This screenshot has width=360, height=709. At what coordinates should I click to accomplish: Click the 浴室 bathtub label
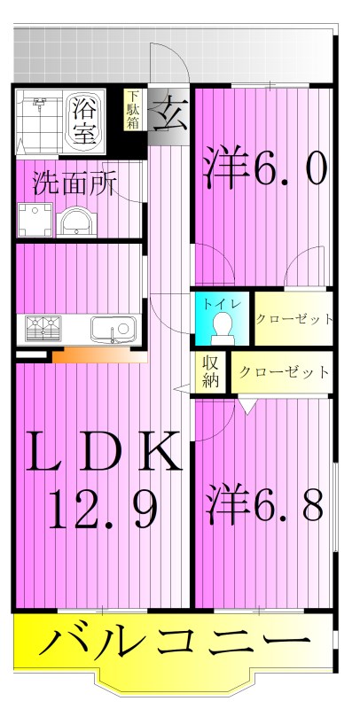tap(84, 121)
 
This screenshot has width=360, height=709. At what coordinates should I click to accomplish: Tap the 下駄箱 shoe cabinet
tap(132, 109)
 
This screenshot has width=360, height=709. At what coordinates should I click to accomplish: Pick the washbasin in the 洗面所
tap(76, 221)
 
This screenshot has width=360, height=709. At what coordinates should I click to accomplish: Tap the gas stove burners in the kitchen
tap(41, 330)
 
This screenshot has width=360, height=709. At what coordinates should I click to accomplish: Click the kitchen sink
tap(112, 331)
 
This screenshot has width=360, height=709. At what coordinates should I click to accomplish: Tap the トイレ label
tap(216, 304)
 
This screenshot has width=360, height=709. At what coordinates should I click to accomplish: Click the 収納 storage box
tap(211, 373)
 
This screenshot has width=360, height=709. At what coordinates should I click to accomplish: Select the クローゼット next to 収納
tap(283, 372)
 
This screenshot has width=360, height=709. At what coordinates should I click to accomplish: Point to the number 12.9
tap(104, 508)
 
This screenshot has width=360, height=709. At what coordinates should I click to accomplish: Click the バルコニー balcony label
tap(175, 641)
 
